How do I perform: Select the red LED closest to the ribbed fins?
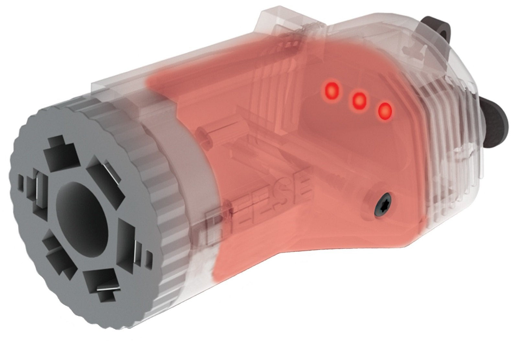(x=384, y=112)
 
